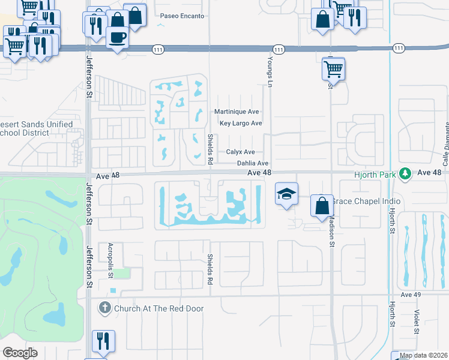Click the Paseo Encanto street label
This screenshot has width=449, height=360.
182,16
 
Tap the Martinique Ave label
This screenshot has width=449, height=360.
237,112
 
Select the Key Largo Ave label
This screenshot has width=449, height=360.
241,124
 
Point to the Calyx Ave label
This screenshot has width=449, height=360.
240,152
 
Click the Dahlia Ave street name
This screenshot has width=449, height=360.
252,163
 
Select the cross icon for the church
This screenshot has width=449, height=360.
104,309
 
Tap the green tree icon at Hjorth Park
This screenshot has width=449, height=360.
405,173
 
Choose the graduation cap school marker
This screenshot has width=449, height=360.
286,194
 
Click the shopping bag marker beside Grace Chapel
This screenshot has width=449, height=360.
322,204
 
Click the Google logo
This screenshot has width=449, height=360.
20,353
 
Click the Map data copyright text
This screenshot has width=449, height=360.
423,356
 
